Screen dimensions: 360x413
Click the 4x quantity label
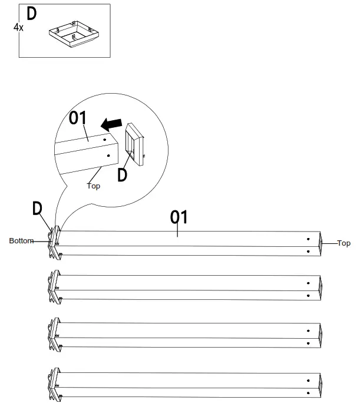[x=18, y=27]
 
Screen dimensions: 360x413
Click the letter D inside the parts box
[x=32, y=14]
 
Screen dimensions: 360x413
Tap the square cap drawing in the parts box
[x=74, y=34]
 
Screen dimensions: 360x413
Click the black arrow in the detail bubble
[x=111, y=124]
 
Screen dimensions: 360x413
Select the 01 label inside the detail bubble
[x=77, y=118]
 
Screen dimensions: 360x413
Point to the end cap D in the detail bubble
[x=134, y=144]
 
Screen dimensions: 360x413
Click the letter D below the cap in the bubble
[x=122, y=175]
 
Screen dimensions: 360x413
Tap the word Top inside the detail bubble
[x=94, y=186]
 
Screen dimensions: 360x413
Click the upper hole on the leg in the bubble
[x=104, y=140]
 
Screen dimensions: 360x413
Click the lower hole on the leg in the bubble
[x=108, y=156]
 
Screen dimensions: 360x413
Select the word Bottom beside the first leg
[x=21, y=241]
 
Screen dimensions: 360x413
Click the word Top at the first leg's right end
[x=344, y=243]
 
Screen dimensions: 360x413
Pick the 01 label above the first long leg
[x=179, y=217]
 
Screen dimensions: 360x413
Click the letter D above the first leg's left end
[x=37, y=208]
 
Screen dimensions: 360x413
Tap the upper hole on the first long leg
[x=308, y=239]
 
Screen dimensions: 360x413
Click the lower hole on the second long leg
[x=308, y=296]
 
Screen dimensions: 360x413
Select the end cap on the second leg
[x=55, y=287]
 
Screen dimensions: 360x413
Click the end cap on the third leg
[x=55, y=335]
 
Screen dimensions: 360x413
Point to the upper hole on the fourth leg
[x=308, y=381]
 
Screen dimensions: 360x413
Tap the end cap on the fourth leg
[x=55, y=385]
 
